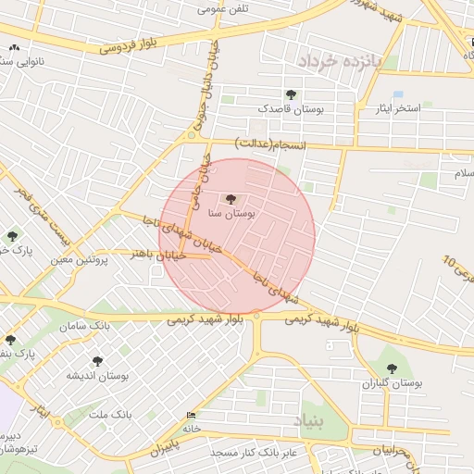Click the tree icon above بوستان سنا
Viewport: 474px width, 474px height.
231,198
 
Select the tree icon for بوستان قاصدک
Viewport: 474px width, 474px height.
292,94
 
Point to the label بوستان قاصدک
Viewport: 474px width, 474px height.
292,109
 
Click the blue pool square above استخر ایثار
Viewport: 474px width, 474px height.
398,94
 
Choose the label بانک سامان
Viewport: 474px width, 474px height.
85,327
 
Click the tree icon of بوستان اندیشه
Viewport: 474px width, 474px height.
97,362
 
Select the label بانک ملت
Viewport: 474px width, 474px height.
108,413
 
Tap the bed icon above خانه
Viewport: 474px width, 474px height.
191,415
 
